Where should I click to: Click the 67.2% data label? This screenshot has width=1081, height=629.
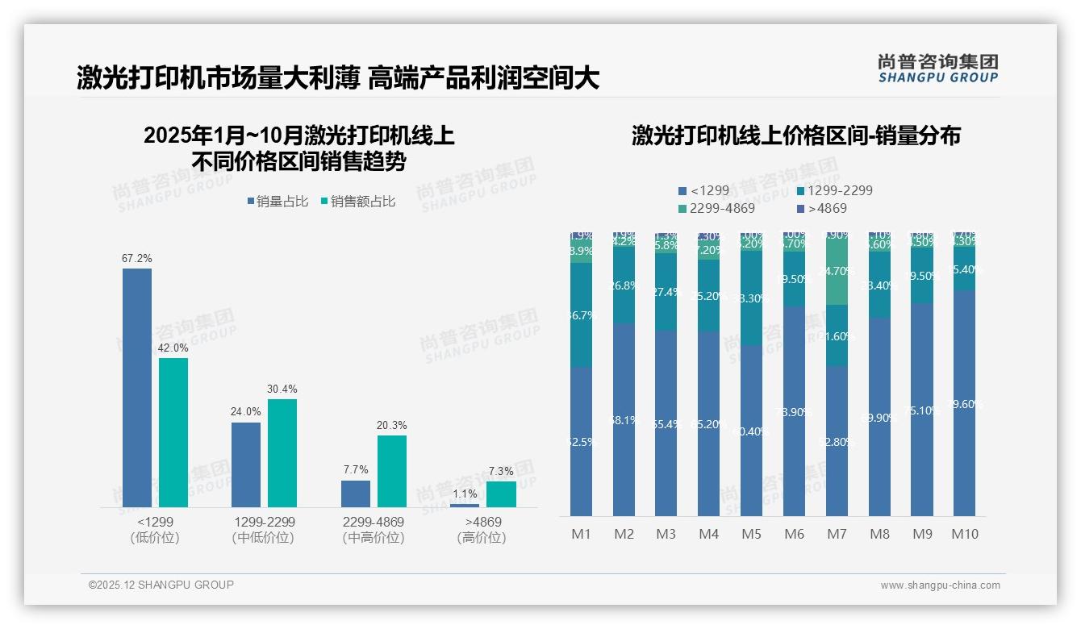(137, 259)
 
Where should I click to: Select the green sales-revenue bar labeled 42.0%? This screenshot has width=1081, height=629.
(173, 432)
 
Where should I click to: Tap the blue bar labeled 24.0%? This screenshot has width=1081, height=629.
(246, 464)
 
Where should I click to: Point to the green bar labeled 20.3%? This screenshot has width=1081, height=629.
(392, 471)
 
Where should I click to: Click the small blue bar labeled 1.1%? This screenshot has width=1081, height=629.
(465, 505)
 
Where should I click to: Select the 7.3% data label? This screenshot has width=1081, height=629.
(501, 471)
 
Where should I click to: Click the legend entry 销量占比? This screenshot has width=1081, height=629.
(277, 202)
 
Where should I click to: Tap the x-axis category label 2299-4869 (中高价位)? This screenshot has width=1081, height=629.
(374, 530)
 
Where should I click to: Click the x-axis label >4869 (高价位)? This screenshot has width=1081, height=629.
(482, 530)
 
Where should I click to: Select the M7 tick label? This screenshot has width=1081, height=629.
(837, 534)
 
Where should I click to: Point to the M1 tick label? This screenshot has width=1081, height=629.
(581, 534)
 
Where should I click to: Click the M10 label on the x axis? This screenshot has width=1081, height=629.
(965, 534)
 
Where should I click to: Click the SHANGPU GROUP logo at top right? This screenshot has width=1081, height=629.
(937, 69)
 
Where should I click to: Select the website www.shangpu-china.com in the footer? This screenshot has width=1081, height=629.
(940, 585)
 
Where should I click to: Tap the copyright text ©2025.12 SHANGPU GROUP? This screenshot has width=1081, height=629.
(161, 585)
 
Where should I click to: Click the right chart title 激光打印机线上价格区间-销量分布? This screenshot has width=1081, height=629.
(795, 135)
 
